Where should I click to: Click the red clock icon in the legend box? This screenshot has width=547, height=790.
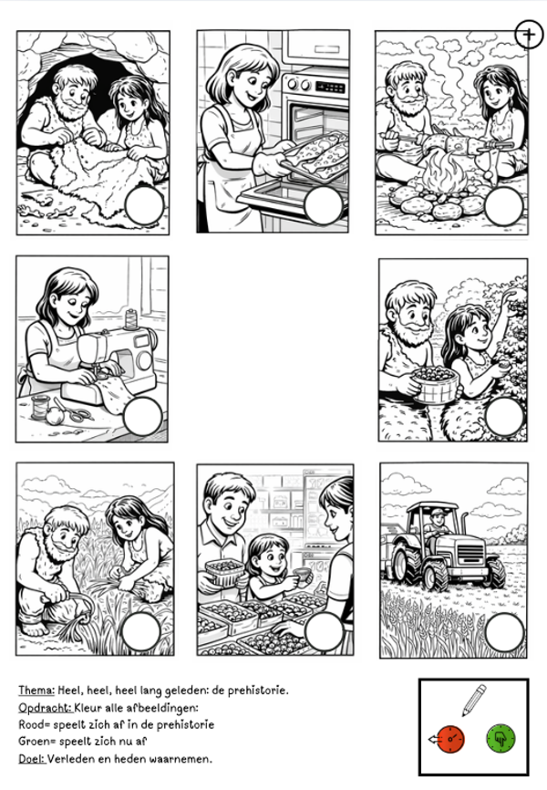pos(449,739)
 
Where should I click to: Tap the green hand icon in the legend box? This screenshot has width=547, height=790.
pos(501,739)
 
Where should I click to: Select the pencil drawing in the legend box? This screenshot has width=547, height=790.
pos(474,700)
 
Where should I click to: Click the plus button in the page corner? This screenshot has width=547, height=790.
pos(529,35)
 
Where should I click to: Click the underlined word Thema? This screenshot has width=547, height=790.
pos(36,691)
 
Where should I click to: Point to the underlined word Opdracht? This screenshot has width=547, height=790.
pos(46,708)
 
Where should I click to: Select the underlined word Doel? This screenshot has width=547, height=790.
pos(32,758)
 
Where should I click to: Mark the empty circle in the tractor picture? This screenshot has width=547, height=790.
pos(505,632)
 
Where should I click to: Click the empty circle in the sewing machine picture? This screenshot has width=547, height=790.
pos(142,416)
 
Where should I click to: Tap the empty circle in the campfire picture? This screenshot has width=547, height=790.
pos(503,206)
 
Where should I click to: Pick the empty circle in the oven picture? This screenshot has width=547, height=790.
pos(324,205)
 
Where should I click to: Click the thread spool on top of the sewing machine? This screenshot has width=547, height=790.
pos(131,319)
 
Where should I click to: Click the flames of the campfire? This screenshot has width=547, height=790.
pos(445,172)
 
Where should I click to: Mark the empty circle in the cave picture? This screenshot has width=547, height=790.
pos(145,205)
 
